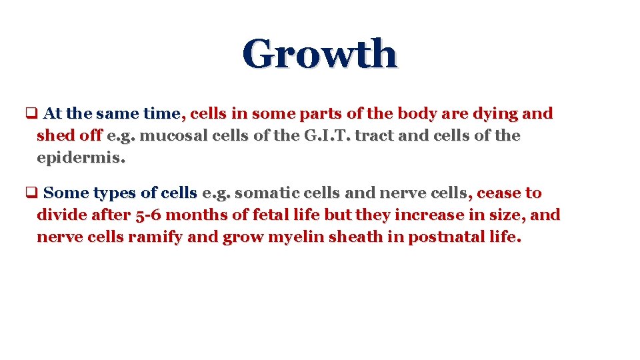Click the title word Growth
click(319, 54)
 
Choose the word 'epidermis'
click(81, 159)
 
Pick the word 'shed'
click(55, 136)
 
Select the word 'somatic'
click(266, 193)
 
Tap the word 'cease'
click(500, 193)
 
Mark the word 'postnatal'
click(441, 237)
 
